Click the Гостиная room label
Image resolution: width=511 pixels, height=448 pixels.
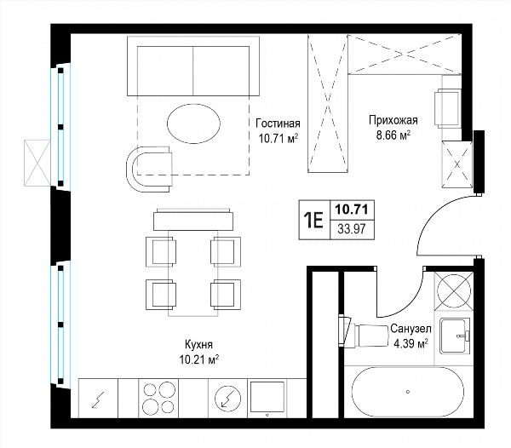(x=278, y=123)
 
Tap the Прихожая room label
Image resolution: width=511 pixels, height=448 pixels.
(x=393, y=120)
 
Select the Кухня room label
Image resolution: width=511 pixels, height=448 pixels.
(x=198, y=344)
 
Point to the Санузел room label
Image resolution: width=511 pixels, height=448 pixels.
(x=411, y=329)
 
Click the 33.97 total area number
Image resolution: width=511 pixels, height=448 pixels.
(x=352, y=229)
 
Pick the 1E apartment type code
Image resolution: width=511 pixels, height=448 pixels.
(x=313, y=221)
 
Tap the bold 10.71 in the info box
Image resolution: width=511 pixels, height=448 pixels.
(x=352, y=210)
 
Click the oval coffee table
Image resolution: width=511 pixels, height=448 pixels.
(x=193, y=123)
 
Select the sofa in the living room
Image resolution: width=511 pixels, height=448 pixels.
(x=193, y=66)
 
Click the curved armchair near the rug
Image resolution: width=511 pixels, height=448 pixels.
(x=148, y=169)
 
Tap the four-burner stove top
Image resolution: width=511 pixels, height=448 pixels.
(x=158, y=398)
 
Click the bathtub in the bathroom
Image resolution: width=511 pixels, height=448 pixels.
(x=408, y=392)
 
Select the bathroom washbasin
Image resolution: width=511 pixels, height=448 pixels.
(x=454, y=336)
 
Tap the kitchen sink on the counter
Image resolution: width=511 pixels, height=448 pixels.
(x=267, y=398)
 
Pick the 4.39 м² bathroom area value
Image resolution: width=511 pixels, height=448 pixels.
(x=411, y=343)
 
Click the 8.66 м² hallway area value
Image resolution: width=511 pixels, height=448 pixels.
(x=393, y=135)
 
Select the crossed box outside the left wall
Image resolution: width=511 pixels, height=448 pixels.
(x=37, y=163)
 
